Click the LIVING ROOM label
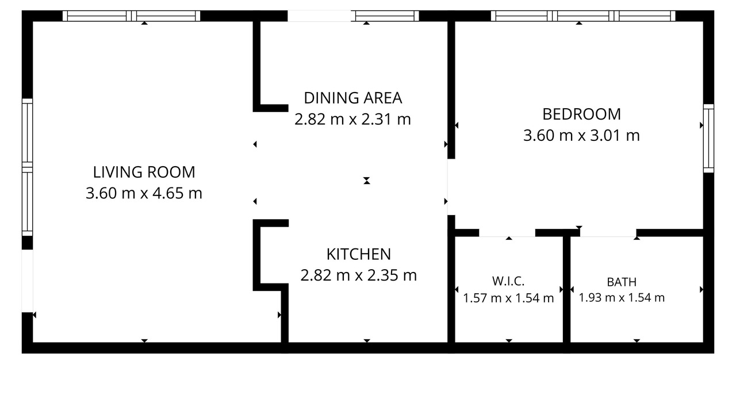coord(144,172)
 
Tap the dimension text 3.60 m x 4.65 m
coord(144,193)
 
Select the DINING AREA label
coord(353,98)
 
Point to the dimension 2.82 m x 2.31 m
coord(352,119)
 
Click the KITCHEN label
coord(359,254)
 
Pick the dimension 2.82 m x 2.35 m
coord(358,275)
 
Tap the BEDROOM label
coord(581,114)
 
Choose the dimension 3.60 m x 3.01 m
coord(581,135)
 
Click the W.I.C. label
coord(508,281)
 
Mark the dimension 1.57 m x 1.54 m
coord(508,298)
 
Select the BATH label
coord(622,282)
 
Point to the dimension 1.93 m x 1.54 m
coord(622,298)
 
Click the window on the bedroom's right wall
coord(709,139)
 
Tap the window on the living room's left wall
coord(27,167)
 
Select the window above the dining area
coord(385,16)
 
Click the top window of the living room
coord(132,16)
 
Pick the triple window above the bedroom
coord(583,16)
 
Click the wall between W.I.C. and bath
coord(566,289)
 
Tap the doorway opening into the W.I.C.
coord(507,233)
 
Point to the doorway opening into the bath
coord(608,233)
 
